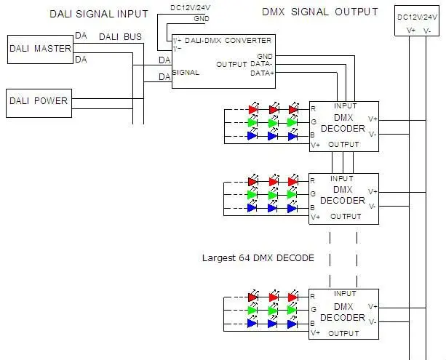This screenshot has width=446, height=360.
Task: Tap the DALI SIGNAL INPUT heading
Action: tap(99, 14)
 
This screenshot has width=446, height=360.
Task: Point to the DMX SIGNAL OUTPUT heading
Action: tap(320, 12)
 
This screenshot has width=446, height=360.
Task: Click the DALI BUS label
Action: tap(120, 37)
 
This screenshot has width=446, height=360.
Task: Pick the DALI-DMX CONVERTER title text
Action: tap(228, 41)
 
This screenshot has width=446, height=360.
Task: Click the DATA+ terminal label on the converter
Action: tap(262, 73)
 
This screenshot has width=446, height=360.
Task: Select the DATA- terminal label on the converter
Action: tap(261, 64)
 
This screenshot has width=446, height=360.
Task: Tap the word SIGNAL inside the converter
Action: tap(186, 72)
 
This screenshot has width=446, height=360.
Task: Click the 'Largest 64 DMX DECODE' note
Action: tap(258, 258)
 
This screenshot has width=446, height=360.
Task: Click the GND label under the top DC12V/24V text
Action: tap(202, 19)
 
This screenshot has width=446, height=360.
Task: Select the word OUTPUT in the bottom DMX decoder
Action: tap(343, 333)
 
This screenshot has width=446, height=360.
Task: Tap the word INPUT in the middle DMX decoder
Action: tap(342, 179)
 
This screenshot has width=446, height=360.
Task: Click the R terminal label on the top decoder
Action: tap(313, 108)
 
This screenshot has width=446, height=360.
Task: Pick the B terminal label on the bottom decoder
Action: tap(312, 324)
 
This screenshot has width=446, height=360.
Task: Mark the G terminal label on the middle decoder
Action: tap(313, 193)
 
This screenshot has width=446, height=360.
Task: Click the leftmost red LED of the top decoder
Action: tap(253, 109)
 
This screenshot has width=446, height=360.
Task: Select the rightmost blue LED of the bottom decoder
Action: tap(292, 324)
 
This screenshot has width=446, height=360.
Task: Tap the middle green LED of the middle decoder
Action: tap(273, 194)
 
